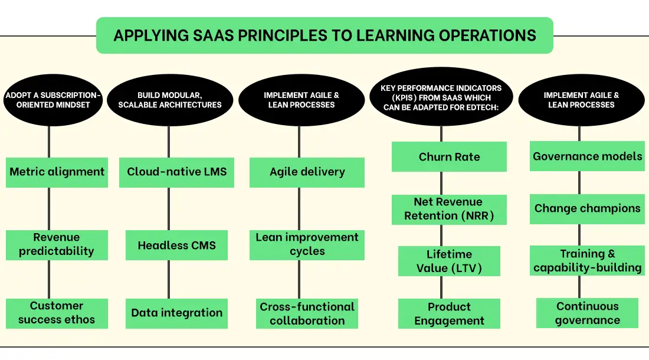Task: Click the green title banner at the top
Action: tap(324, 35)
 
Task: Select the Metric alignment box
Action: tap(57, 172)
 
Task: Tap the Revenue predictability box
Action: tap(57, 244)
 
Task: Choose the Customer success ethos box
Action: tap(57, 313)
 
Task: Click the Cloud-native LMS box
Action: tap(176, 172)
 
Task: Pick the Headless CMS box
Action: tap(176, 245)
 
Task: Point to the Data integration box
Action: tap(176, 313)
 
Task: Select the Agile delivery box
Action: tap(307, 172)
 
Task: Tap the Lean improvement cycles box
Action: tap(307, 244)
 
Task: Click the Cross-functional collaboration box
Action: tap(307, 313)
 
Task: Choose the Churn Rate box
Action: tap(449, 157)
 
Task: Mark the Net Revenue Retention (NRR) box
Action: tap(449, 209)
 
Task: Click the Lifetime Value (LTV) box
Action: tap(449, 261)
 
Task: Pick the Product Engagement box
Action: tap(449, 314)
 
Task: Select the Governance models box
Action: tap(587, 156)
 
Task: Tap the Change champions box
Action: tap(587, 208)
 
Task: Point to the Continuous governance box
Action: tap(587, 313)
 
